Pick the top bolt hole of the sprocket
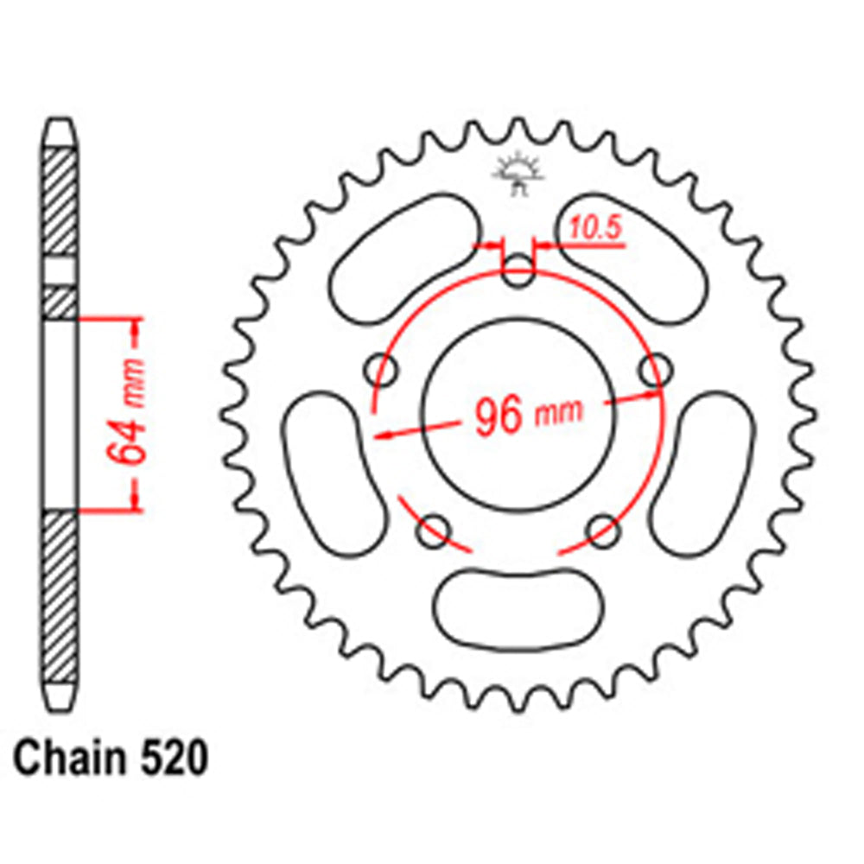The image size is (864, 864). (x=518, y=273)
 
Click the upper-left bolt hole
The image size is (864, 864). (x=381, y=371)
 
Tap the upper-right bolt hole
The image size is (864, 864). (x=655, y=371)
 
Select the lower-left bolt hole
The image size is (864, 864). (x=433, y=532)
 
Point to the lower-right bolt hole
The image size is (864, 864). (x=603, y=529)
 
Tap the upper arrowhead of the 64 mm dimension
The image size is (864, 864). (x=136, y=326)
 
